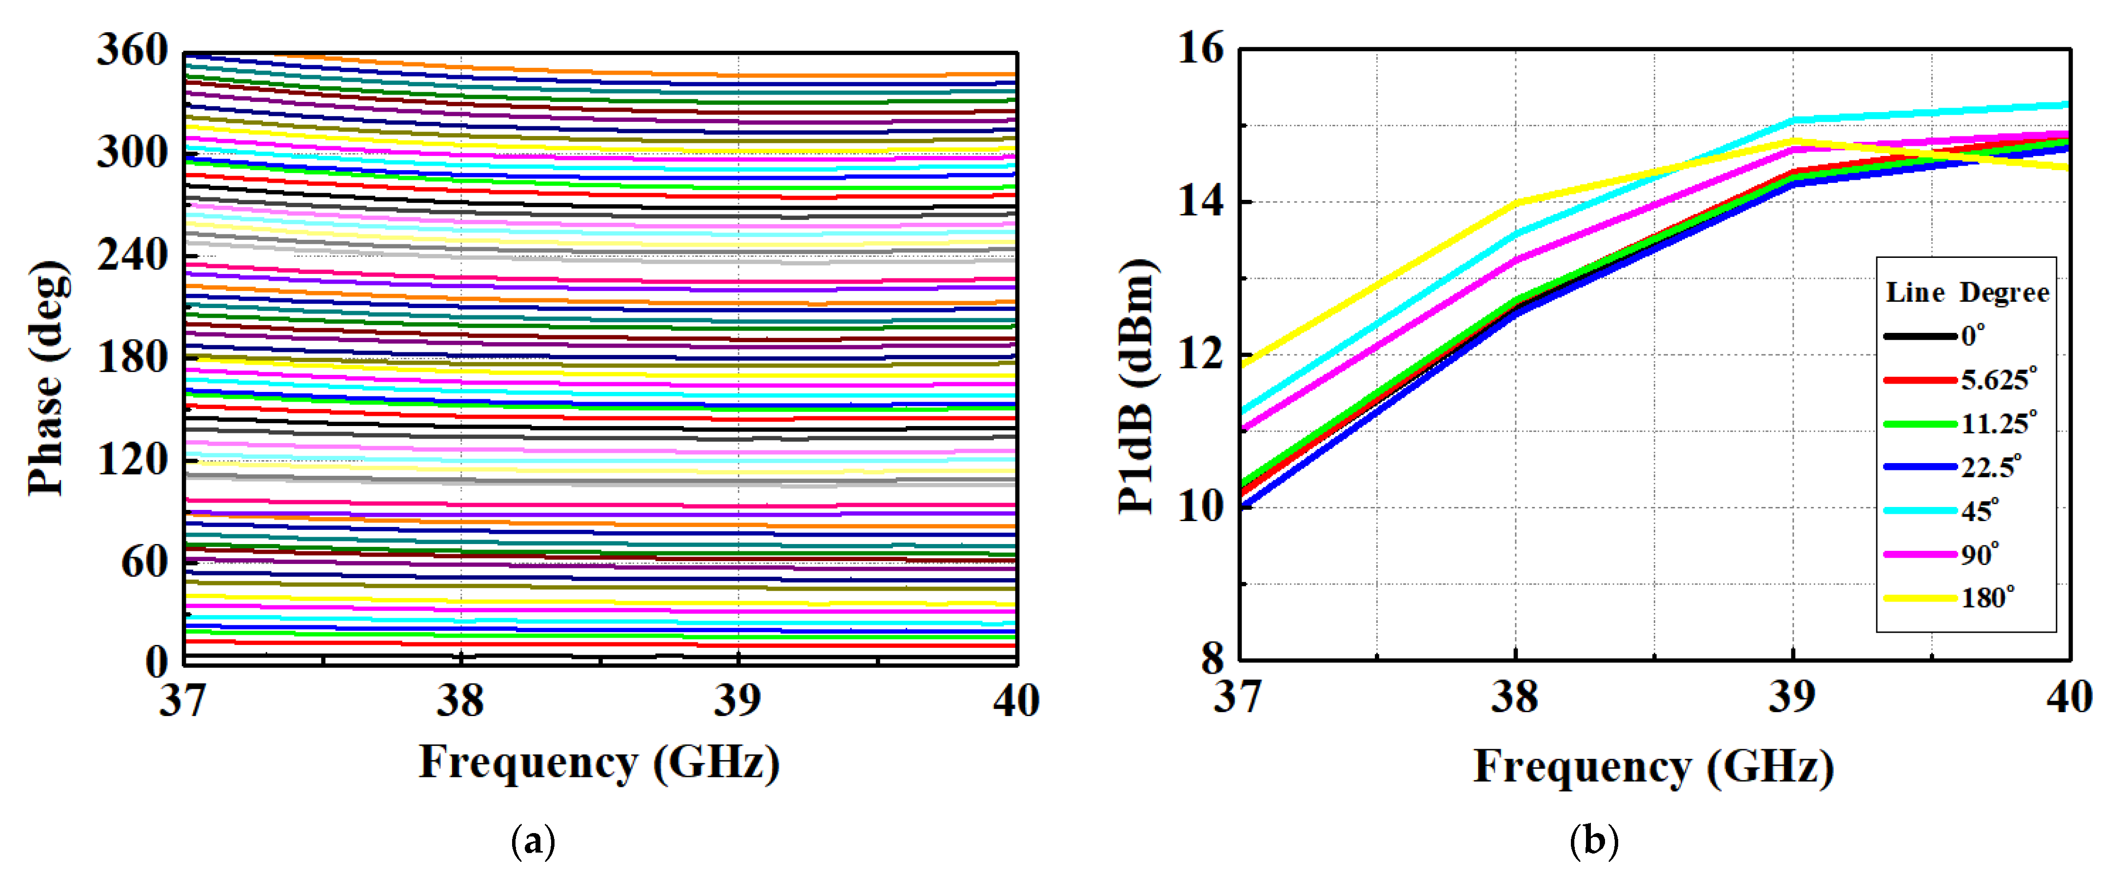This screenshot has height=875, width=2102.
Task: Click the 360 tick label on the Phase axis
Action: (132, 51)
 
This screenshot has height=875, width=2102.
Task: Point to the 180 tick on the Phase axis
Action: (132, 357)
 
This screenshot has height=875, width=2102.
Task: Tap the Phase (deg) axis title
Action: (47, 378)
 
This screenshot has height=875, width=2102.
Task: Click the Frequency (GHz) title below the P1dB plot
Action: (1653, 767)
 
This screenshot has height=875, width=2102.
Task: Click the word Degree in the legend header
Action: (2004, 293)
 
